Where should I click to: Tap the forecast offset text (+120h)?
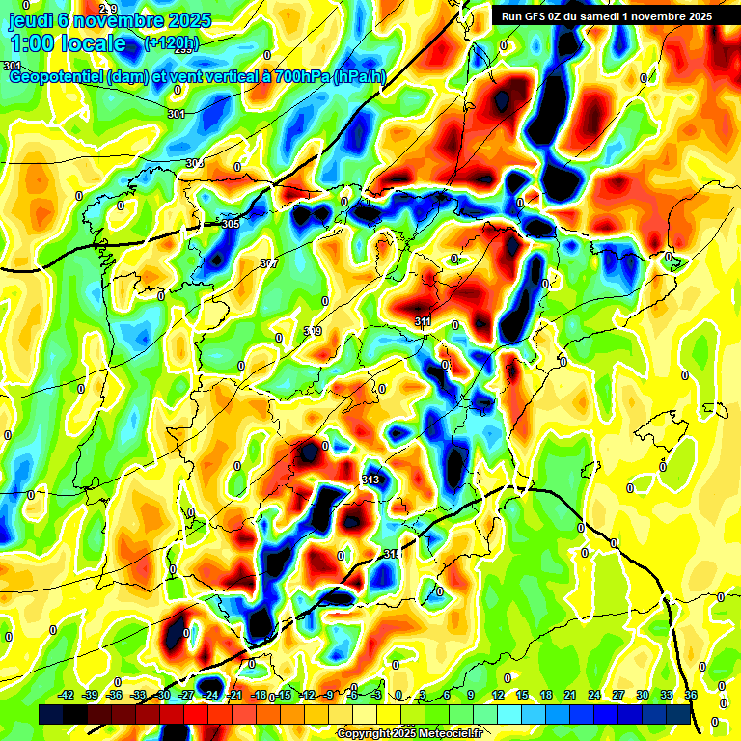[x=171, y=42]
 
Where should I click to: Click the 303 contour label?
[x=194, y=163]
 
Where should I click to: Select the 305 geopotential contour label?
[x=230, y=224]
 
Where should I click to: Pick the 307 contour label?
[x=269, y=263]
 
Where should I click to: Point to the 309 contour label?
[x=313, y=331]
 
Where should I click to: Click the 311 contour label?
[x=423, y=321]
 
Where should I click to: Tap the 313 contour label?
[x=370, y=480]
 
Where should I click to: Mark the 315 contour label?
[x=391, y=554]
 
